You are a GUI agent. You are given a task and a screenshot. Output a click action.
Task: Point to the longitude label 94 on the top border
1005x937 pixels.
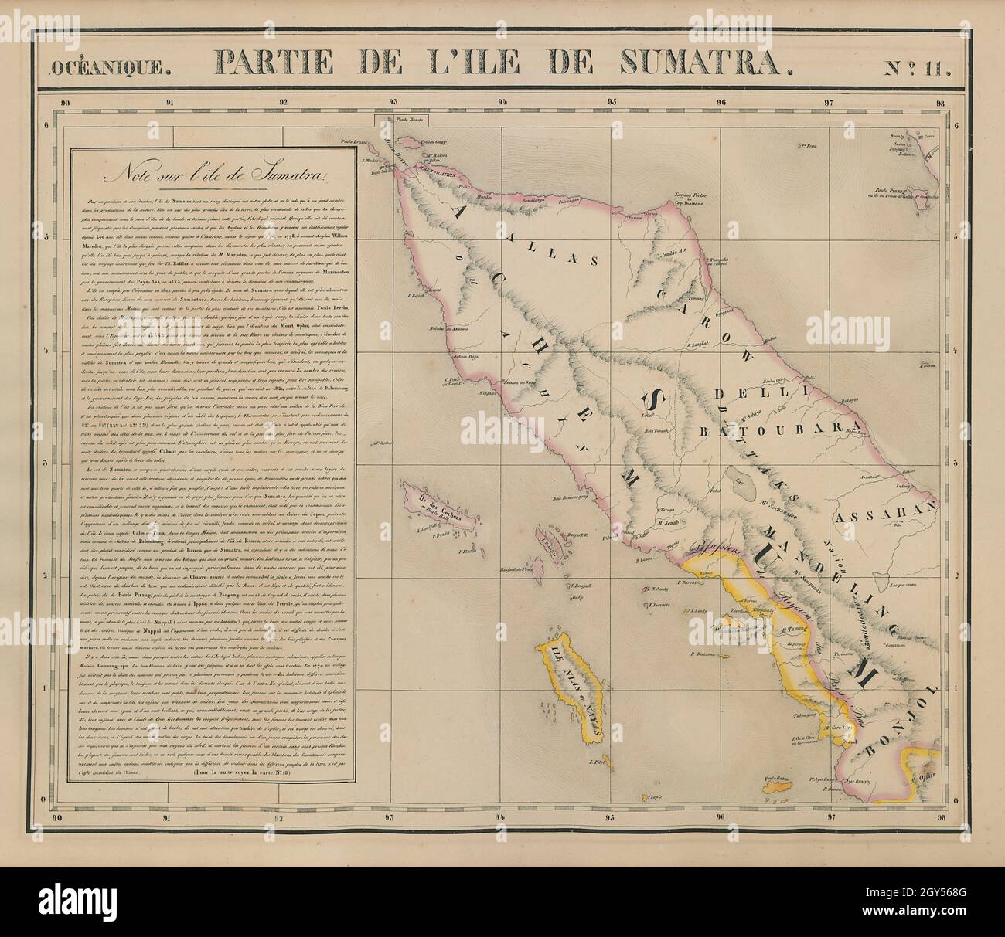(x=504, y=101)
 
